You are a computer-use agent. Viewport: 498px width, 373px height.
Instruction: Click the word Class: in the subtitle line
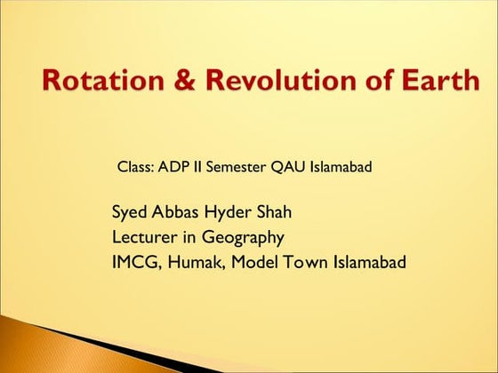tap(136, 167)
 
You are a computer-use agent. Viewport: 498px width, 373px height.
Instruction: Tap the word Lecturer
tap(144, 237)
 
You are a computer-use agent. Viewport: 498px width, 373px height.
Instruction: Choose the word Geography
tap(242, 237)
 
